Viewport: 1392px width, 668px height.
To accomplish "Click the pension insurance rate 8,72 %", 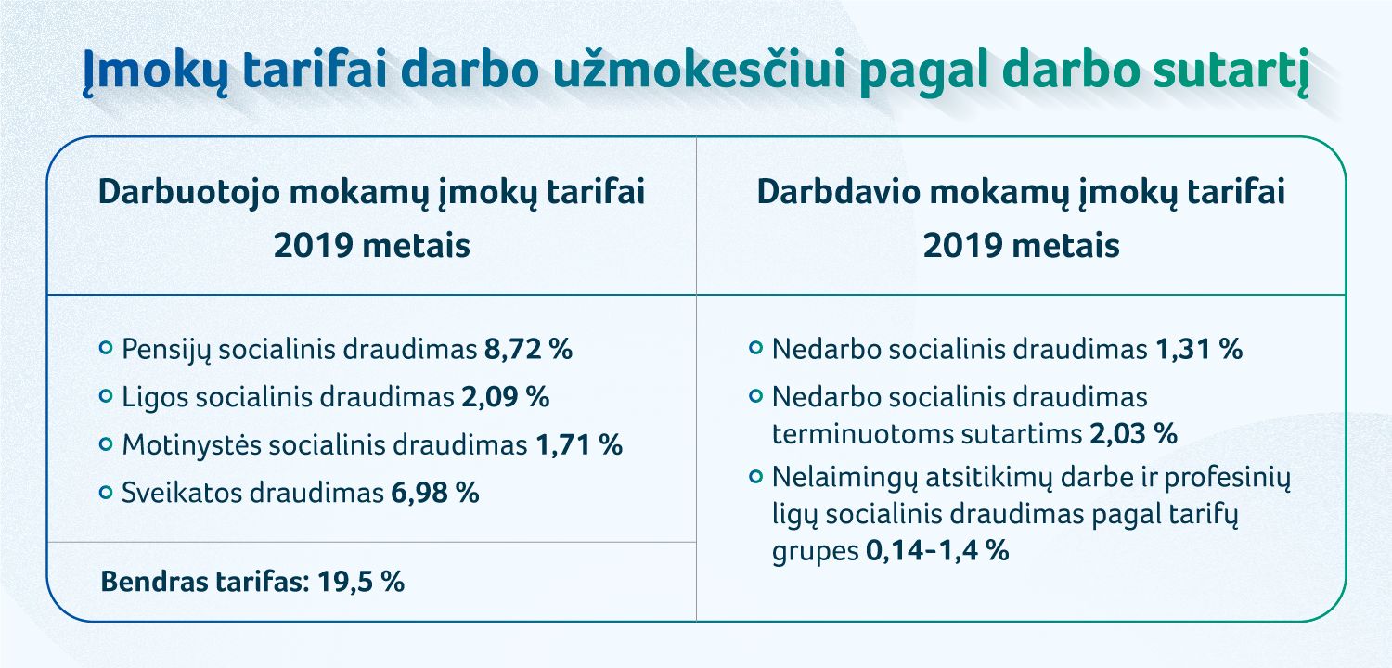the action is (x=528, y=349).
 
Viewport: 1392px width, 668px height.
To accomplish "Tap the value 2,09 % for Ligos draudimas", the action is (x=505, y=397).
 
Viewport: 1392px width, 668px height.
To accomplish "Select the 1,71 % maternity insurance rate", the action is (x=578, y=445).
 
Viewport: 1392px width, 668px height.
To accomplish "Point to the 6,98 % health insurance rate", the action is (x=435, y=493).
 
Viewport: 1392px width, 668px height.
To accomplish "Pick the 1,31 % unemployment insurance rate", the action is (x=1199, y=349).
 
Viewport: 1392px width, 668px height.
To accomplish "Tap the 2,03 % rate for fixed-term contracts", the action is (x=1133, y=433).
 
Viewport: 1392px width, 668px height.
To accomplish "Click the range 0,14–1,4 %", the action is (x=937, y=550).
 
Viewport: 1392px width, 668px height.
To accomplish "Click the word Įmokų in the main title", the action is (x=156, y=71).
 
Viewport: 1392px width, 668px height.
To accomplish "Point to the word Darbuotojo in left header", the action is (x=189, y=193).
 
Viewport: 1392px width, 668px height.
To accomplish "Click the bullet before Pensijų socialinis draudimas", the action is (x=107, y=348).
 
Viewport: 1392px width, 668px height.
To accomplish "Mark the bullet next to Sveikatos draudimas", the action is (x=107, y=492).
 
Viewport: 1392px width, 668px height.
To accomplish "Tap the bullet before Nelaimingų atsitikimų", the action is (x=756, y=477).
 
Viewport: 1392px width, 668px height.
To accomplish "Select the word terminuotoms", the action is (x=863, y=433).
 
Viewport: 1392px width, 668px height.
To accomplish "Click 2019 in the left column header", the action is (x=314, y=246).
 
